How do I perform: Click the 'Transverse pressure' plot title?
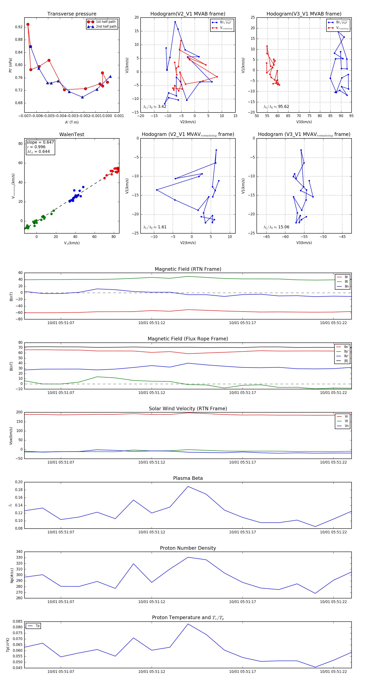[72, 14]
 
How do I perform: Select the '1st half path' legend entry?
[105, 22]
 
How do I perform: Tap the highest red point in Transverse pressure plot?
[28, 24]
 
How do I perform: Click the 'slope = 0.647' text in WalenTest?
[40, 142]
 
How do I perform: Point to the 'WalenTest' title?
[72, 134]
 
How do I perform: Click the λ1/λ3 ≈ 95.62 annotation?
[276, 107]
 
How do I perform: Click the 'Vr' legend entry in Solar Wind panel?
[346, 417]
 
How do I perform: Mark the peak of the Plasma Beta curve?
[188, 486]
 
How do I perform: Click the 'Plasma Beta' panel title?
[188, 478]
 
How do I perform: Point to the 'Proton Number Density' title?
[188, 548]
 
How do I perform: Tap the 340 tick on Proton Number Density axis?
[19, 552]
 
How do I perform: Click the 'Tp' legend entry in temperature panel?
[37, 626]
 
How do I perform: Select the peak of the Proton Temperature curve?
[188, 624]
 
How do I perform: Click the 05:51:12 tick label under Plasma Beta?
[151, 532]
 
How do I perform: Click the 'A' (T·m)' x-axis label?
[72, 122]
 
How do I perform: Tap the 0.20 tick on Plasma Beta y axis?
[19, 482]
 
